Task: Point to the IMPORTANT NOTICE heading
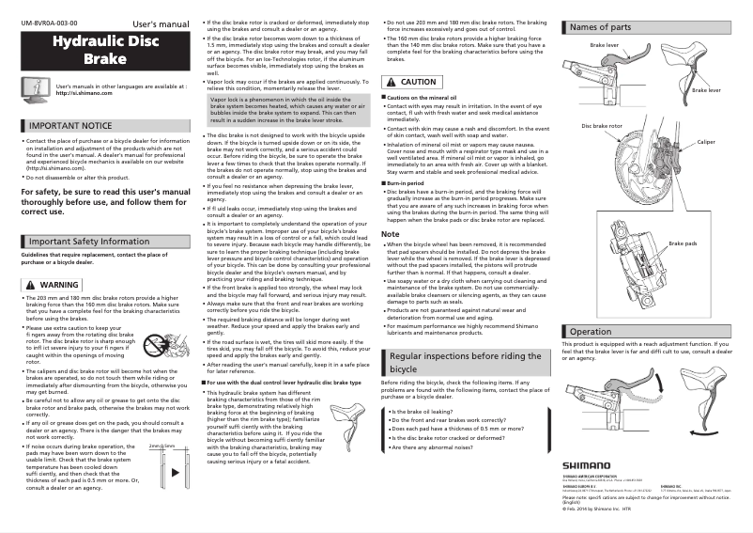[x=69, y=125]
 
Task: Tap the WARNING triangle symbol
[x=31, y=284]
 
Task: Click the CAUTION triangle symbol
[x=392, y=83]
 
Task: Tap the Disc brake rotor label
[x=601, y=125]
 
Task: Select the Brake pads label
[x=682, y=243]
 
